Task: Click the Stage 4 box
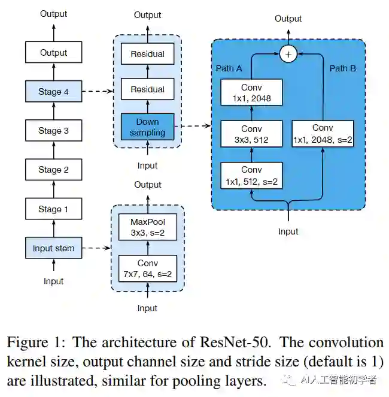[53, 91]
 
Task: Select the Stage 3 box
[53, 130]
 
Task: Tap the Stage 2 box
[53, 169]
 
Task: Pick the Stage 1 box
[53, 209]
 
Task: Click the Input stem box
[53, 248]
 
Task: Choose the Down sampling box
[147, 127]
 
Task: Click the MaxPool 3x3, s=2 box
[148, 227]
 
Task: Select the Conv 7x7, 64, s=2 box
[148, 269]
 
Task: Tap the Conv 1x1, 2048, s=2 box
[323, 134]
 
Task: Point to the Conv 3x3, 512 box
[251, 134]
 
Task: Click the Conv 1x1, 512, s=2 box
[251, 176]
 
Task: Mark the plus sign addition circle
[288, 54]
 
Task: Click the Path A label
[229, 68]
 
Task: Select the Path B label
[343, 68]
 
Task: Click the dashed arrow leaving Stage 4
[98, 91]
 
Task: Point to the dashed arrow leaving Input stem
[96, 248]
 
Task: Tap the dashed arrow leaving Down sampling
[193, 125]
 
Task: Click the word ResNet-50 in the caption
[235, 342]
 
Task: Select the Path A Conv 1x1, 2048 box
[251, 92]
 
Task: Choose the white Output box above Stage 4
[53, 52]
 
